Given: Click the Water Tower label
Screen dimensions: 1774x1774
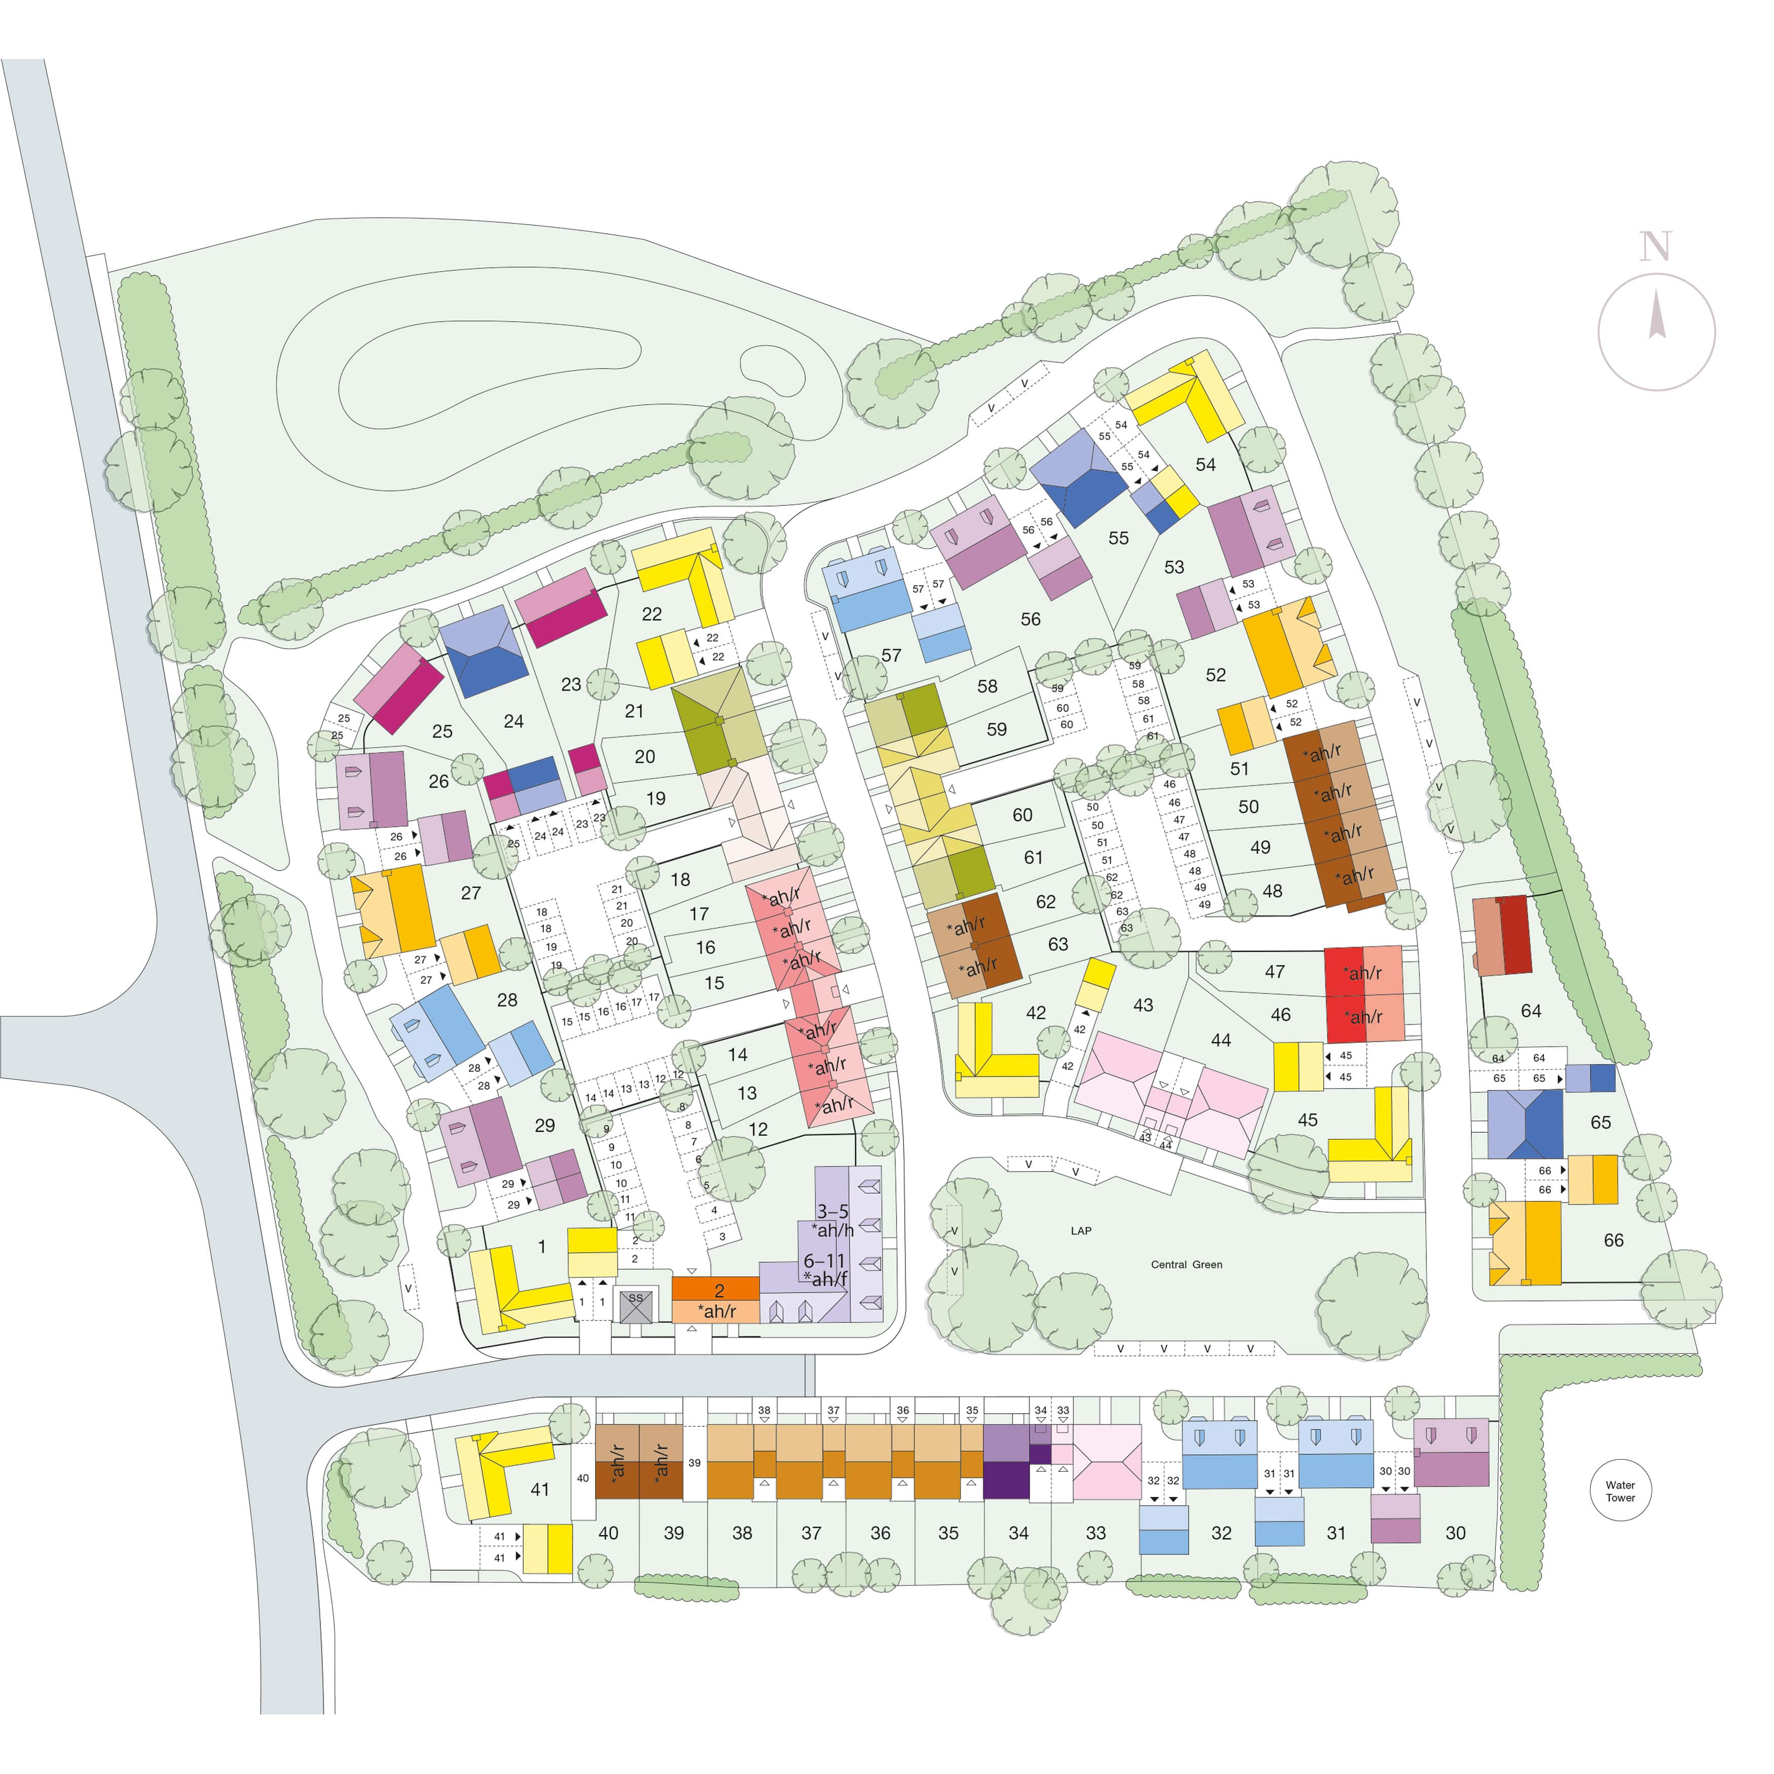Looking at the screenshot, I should [x=1620, y=1491].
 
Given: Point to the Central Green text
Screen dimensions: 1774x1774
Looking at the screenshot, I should [x=1187, y=1265].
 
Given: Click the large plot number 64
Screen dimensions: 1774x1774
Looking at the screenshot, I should [x=1531, y=1011].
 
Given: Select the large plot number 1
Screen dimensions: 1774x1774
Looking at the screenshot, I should [x=542, y=1246].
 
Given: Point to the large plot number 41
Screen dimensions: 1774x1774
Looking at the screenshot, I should [x=540, y=1489].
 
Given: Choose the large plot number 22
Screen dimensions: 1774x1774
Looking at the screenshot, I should [x=652, y=614].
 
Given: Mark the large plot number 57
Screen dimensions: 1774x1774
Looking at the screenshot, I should [x=891, y=655].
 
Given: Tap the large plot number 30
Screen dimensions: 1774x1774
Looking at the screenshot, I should [x=1455, y=1533].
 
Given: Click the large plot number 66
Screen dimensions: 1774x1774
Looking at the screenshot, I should [x=1613, y=1240].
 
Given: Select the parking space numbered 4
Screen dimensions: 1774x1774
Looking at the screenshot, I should [x=714, y=1210].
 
